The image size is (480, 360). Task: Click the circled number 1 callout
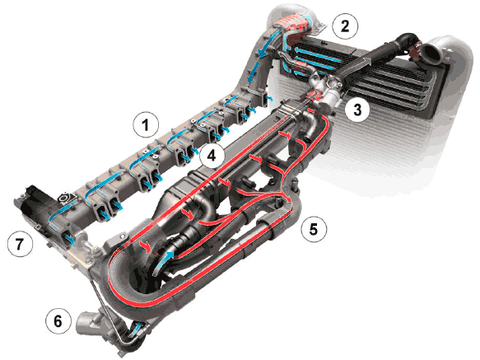coord(146,124)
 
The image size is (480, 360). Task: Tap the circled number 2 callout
coord(345,26)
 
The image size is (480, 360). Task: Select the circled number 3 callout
coord(357,110)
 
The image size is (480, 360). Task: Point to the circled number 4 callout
coord(212,156)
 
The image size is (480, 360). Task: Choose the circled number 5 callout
coord(314,229)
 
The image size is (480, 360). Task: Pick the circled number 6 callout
coord(58,321)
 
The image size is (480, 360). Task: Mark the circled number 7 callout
coord(20,244)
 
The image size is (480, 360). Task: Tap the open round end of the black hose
coord(431,53)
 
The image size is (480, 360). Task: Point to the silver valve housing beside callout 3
coord(328,92)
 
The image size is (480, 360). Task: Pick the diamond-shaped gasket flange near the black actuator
coord(66,198)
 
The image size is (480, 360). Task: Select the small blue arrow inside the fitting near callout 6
coord(136,329)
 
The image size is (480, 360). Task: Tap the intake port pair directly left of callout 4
coord(184,153)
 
